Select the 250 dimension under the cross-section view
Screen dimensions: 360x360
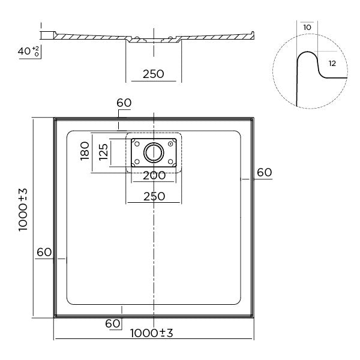[154, 74]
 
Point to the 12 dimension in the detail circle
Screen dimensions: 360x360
[332, 62]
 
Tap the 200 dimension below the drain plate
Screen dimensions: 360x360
[154, 176]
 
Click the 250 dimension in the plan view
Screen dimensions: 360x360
[154, 196]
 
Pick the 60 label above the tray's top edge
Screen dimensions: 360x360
[124, 103]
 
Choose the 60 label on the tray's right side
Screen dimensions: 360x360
[264, 172]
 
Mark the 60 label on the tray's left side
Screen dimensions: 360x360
[44, 253]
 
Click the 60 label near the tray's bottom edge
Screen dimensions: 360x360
[113, 323]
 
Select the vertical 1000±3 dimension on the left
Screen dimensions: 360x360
[22, 217]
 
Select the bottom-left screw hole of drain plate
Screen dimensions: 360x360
[136, 162]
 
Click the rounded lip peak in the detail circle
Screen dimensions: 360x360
[308, 54]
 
